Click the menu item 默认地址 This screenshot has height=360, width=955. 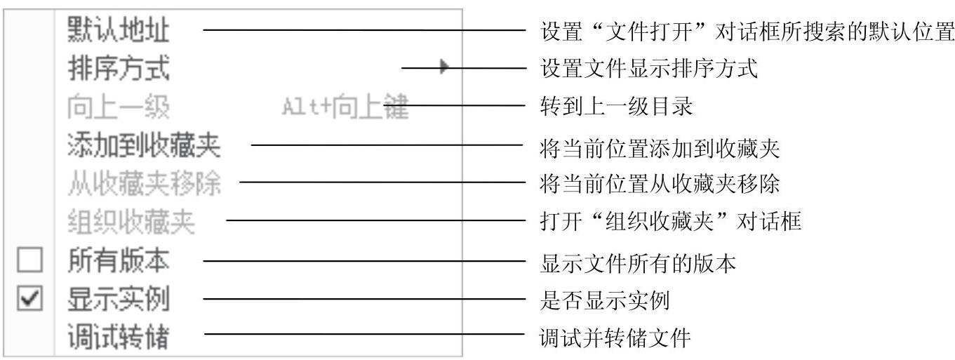(119, 30)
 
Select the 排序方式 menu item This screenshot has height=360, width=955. (119, 69)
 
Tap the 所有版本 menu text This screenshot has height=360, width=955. (119, 262)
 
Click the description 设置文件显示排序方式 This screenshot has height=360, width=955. (649, 69)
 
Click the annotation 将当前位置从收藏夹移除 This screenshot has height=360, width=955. (660, 185)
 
